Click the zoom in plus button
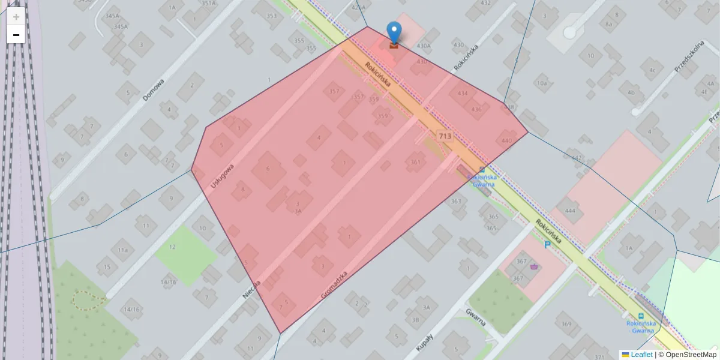coord(16,16)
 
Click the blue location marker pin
coord(394,32)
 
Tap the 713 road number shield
coord(445,136)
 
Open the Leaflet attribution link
coord(641,355)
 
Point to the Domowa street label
coord(154,90)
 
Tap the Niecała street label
coord(252,289)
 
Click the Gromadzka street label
coord(334,284)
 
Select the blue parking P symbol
coord(547,245)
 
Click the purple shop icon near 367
coord(534,267)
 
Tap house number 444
coord(570,211)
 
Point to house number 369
coord(566,324)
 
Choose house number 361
coord(415,162)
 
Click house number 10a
coord(542,83)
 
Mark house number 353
coord(272,16)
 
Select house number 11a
coord(122,250)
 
